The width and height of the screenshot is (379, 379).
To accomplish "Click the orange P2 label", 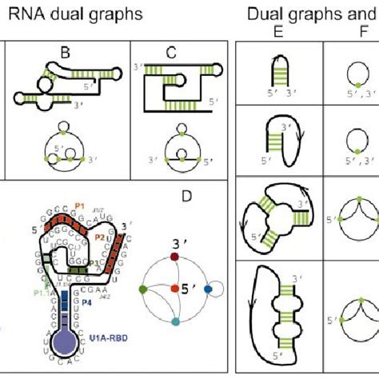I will coord(101,237).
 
